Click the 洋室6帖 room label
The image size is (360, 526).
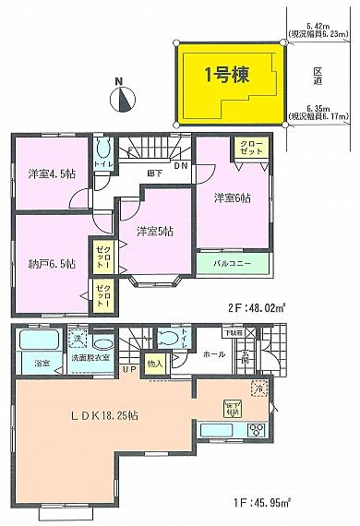[230, 197]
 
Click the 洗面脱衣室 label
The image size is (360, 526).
[91, 357]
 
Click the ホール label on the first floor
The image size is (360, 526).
[212, 353]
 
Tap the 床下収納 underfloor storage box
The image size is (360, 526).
[230, 406]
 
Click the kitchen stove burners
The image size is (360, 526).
[254, 431]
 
